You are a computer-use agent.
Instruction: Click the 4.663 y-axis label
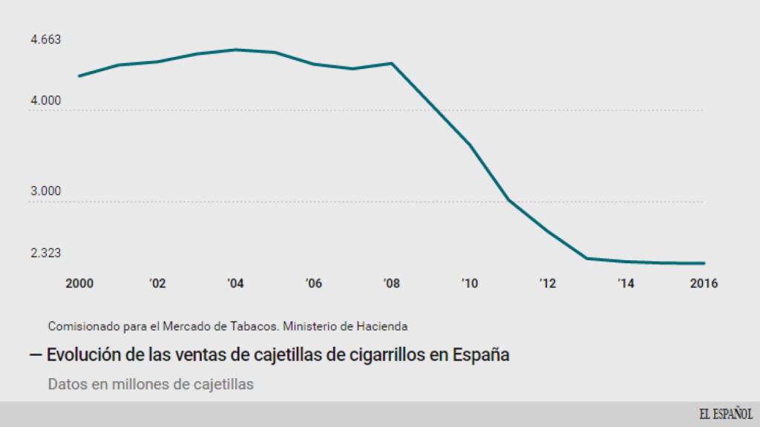45,40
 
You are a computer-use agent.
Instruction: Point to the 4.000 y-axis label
45,101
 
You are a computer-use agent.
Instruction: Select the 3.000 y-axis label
45,192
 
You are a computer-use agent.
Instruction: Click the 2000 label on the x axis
79,283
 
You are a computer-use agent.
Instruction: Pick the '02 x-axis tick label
157,283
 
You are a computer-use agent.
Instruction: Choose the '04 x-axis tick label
235,283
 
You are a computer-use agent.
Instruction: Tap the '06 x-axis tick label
313,283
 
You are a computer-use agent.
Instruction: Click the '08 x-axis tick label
391,283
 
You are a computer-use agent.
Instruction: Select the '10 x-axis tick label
469,283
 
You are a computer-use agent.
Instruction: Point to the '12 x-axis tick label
547,283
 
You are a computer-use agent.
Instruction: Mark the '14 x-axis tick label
625,283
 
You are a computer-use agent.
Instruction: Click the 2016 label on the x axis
704,283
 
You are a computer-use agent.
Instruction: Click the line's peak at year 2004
235,50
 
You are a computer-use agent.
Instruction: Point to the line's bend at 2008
392,63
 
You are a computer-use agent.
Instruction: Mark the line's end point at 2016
704,263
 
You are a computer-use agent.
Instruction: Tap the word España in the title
482,355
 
